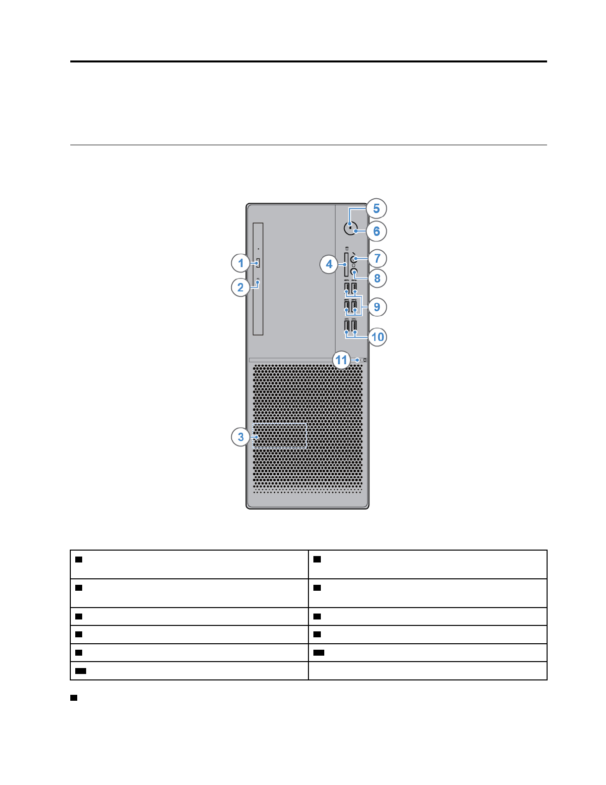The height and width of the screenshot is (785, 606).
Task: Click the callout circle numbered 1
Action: point(241,263)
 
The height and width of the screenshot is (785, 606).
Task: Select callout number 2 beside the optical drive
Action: point(241,287)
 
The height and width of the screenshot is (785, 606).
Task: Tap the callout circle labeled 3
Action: point(241,437)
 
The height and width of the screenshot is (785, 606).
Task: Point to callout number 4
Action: point(329,264)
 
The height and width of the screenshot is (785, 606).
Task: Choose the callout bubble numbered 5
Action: point(376,209)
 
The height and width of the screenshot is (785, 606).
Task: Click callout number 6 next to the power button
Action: point(376,231)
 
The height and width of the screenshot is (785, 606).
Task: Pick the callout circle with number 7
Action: point(377,258)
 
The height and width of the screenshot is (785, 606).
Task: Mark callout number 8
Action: point(377,279)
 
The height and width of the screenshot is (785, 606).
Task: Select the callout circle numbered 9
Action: point(377,307)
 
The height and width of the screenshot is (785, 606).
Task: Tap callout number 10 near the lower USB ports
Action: point(377,337)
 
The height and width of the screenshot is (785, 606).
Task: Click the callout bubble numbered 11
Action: point(342,360)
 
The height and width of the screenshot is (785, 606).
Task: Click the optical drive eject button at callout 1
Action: point(258,263)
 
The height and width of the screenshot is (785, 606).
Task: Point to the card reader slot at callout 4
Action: point(346,264)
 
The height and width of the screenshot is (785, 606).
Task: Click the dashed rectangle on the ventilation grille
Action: point(280,436)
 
